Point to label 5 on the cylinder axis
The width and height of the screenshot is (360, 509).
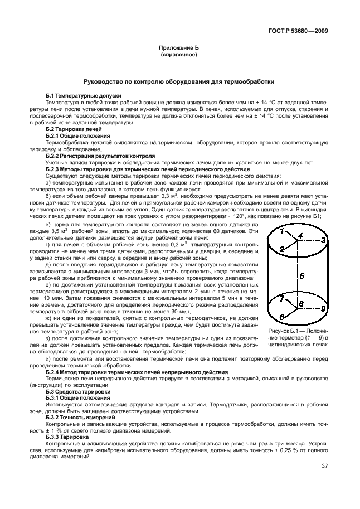301,275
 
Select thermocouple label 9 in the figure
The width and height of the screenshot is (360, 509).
323,308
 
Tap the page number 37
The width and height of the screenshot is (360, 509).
324,467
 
